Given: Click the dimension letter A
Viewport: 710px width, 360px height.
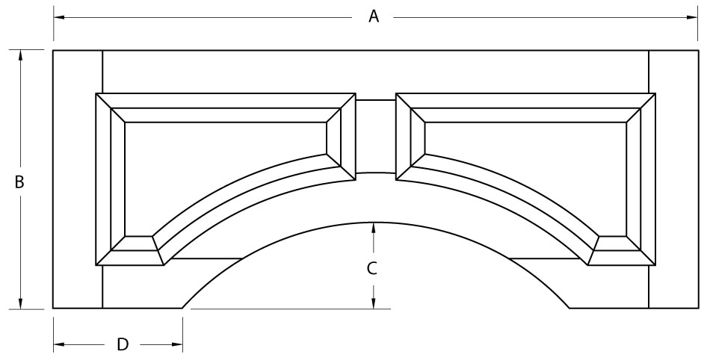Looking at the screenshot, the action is tap(373, 16).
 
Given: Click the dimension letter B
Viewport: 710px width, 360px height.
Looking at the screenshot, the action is tap(19, 182).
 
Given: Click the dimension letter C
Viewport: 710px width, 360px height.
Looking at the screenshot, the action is tap(371, 269).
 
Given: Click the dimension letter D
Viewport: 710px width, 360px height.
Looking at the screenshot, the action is tap(123, 344).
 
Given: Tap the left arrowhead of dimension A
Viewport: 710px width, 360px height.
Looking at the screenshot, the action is tap(59, 18).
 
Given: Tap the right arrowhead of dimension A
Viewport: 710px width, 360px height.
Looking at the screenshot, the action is tap(692, 18).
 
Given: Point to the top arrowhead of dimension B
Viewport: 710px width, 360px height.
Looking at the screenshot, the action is tap(20, 55).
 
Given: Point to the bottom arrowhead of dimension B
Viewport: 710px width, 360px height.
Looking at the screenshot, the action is tap(20, 303).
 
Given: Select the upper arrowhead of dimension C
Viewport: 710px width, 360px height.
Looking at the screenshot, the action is tap(373, 228).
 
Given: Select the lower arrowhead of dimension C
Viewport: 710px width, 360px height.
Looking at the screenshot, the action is tap(373, 303).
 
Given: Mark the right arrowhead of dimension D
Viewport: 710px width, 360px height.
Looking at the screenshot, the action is tap(177, 344).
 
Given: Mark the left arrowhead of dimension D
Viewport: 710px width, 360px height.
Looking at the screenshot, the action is tap(59, 344).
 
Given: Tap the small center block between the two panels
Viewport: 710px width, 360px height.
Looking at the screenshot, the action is tap(376, 136).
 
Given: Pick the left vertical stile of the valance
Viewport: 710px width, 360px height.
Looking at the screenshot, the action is tap(78, 179).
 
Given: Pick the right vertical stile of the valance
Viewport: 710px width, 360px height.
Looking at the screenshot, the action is tap(674, 179).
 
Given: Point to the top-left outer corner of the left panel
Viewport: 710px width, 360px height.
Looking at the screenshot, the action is tap(96, 93).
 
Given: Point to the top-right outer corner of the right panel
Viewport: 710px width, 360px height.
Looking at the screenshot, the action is tap(655, 93).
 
